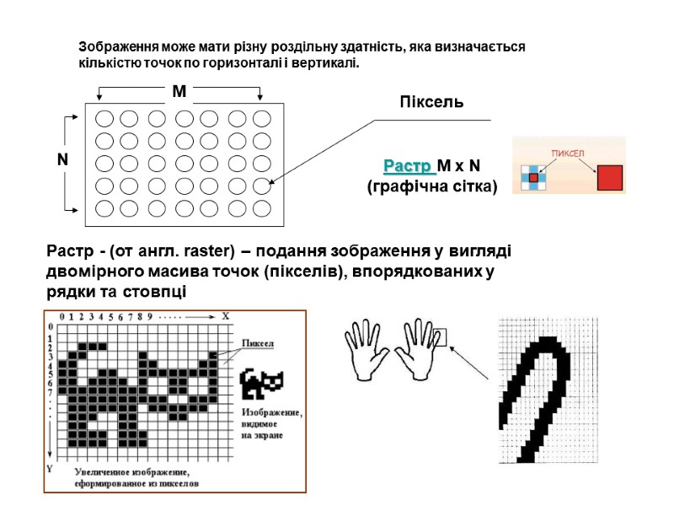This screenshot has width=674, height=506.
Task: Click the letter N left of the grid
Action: pos(62,159)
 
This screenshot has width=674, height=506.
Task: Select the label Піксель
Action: pos(431,102)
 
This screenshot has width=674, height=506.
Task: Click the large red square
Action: pos(609,177)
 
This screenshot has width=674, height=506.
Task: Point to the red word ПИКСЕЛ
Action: pos(569,153)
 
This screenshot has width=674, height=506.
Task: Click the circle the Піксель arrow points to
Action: pos(262,186)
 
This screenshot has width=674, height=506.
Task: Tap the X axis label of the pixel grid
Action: pos(225,316)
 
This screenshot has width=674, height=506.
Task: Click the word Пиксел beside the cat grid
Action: pos(259,343)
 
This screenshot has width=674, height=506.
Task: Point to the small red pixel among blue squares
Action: pos(532,177)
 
